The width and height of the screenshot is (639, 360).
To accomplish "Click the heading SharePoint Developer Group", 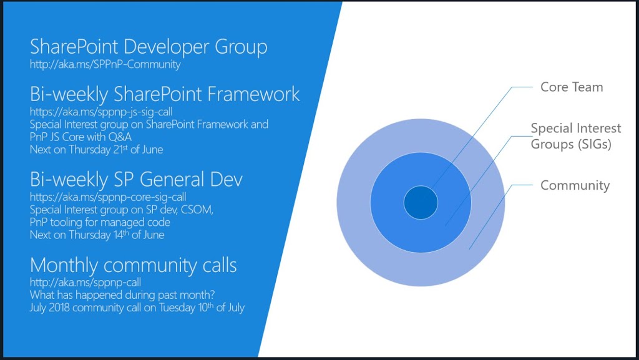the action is click(x=149, y=47).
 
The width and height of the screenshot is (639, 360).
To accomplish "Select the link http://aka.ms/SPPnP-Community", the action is click(x=105, y=64).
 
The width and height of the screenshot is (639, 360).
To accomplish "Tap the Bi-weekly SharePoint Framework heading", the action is click(x=165, y=94).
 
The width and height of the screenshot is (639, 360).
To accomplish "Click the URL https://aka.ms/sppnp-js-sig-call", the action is click(x=102, y=112).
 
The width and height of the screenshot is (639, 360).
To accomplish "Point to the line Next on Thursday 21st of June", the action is click(x=97, y=150).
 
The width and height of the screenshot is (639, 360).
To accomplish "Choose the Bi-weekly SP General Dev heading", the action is click(x=136, y=179).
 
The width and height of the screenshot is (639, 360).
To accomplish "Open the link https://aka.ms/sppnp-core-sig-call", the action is click(x=108, y=197).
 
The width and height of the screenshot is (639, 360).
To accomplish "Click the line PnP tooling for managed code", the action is click(x=100, y=222).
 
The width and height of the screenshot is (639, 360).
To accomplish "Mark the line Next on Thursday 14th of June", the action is click(x=97, y=235).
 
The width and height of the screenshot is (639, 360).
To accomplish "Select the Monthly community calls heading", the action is click(x=134, y=265).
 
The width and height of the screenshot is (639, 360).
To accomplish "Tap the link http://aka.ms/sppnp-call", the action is click(x=85, y=282).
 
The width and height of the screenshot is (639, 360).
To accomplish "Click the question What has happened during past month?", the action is click(x=122, y=295).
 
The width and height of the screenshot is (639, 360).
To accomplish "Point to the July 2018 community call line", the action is click(x=137, y=308).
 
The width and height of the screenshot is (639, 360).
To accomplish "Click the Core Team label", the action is click(x=572, y=87).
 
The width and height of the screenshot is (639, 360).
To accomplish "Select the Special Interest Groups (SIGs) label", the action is click(x=576, y=137).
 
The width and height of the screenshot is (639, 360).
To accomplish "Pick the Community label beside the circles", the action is click(x=575, y=186).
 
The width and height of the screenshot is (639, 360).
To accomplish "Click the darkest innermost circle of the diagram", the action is click(x=421, y=202).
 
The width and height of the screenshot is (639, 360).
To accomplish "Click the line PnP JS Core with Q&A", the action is click(x=80, y=137).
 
